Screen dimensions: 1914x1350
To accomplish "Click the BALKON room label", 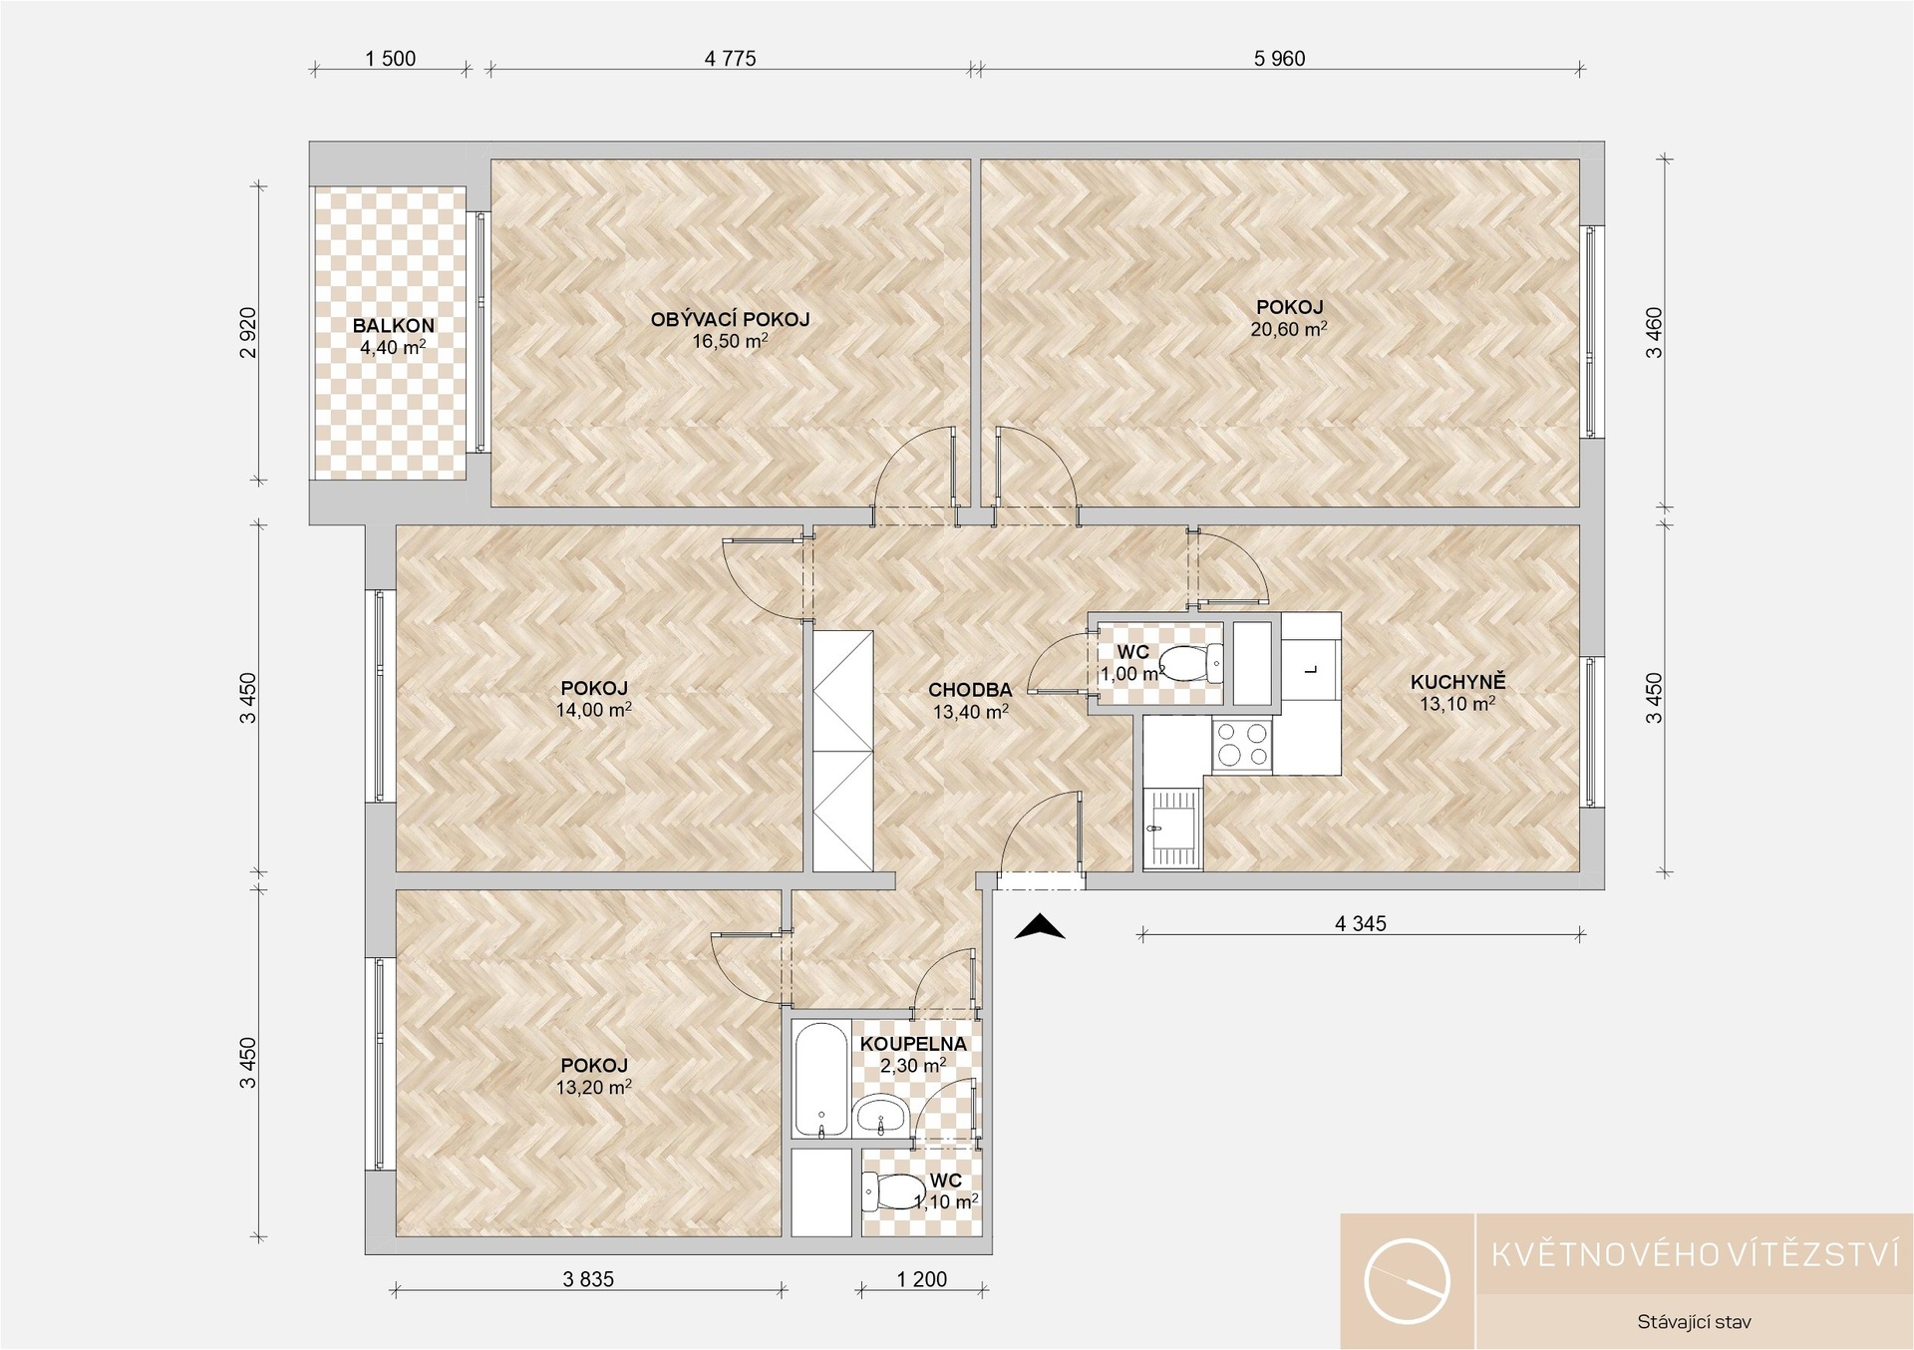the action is (x=393, y=326).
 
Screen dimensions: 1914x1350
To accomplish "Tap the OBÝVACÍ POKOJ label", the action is (x=730, y=320).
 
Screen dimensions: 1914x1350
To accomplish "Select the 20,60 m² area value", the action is (x=1289, y=329).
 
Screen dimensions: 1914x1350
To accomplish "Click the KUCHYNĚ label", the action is (x=1457, y=682).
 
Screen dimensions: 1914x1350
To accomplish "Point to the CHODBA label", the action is (x=970, y=690).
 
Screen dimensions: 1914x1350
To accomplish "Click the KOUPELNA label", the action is (x=913, y=1044).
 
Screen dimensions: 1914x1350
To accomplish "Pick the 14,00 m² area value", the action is (x=594, y=710).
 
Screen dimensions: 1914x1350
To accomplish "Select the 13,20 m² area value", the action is (x=594, y=1087).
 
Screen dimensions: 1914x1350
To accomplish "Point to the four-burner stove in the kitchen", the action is (x=1242, y=745).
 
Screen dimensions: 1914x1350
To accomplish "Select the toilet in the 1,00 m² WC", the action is (x=1192, y=661).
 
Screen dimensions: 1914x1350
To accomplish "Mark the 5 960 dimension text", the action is (x=1279, y=59).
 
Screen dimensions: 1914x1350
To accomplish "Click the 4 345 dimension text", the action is (x=1361, y=924).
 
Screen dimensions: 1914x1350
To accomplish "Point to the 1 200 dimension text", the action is (x=922, y=1279).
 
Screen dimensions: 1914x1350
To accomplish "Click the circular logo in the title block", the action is (x=1407, y=1281).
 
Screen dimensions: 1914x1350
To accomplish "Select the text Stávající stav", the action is (x=1694, y=1323).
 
